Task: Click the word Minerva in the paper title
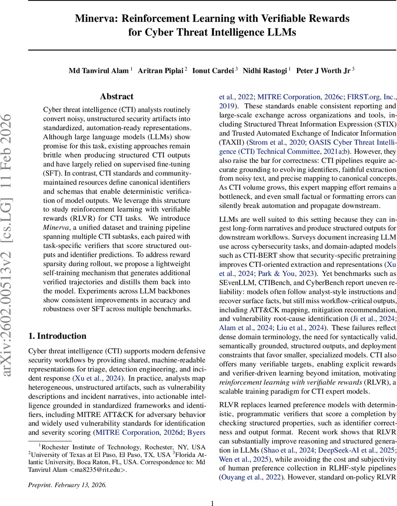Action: point(95,19)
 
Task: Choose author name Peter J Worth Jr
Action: point(323,71)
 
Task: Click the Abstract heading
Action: point(116,97)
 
